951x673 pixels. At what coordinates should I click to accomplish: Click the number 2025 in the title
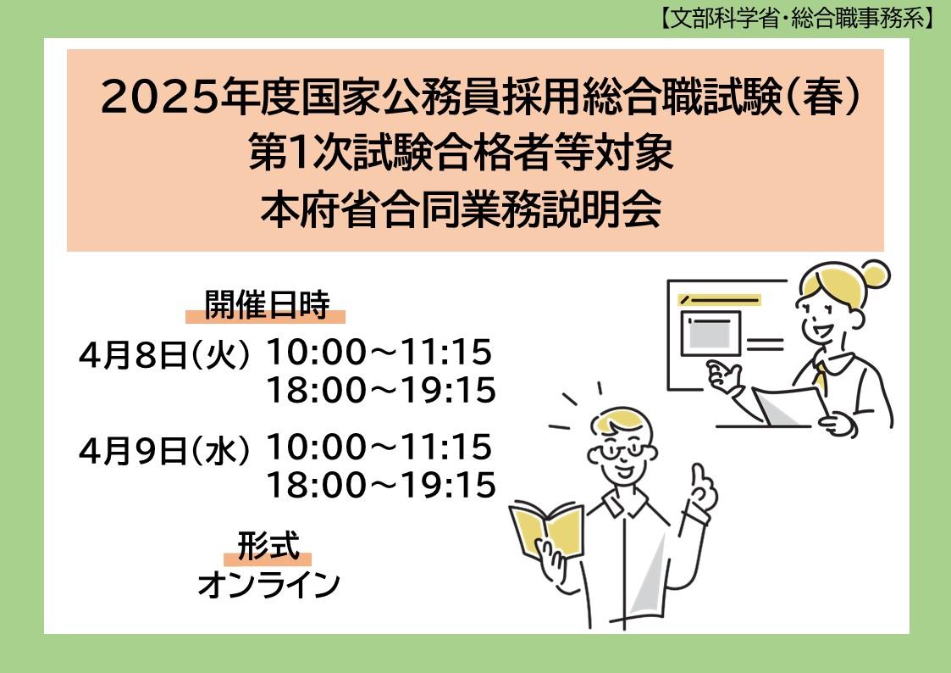pos(159,97)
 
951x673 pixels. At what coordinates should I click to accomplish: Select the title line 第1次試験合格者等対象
pos(461,153)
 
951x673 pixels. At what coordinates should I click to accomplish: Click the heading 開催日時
pos(266,303)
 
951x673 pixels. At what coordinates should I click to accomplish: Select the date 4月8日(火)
pos(164,354)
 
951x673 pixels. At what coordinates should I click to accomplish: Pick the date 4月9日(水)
pos(164,450)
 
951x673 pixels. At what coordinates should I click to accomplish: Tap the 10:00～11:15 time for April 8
pos(379,352)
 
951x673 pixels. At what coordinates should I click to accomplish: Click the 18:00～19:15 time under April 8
pos(381,390)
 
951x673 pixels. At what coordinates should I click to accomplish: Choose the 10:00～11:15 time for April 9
pos(379,447)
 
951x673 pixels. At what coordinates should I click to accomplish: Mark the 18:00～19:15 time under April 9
pos(381,485)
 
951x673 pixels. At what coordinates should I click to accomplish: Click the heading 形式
pos(268,545)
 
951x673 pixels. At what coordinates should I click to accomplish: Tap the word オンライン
pos(268,584)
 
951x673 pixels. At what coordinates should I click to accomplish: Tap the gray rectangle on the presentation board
pos(710,333)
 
